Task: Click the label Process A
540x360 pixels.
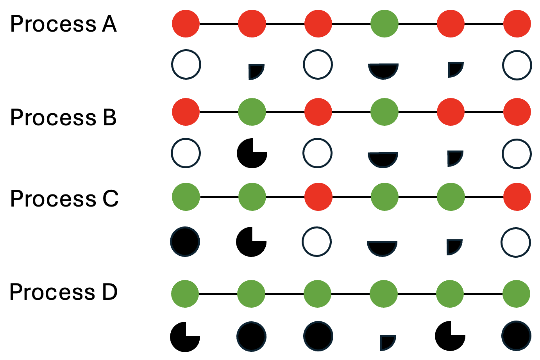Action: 63,23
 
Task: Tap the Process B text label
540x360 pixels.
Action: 63,117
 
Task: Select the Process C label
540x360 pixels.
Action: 64,198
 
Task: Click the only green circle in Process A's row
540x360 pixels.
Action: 384,23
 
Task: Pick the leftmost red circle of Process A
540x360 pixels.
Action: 186,23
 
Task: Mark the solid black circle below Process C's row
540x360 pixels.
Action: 185,242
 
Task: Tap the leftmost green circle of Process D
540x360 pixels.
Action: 185,294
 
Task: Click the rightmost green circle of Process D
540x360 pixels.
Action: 516,294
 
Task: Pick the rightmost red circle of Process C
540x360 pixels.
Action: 517,197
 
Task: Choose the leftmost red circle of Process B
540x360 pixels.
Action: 186,112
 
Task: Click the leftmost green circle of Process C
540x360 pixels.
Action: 186,197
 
